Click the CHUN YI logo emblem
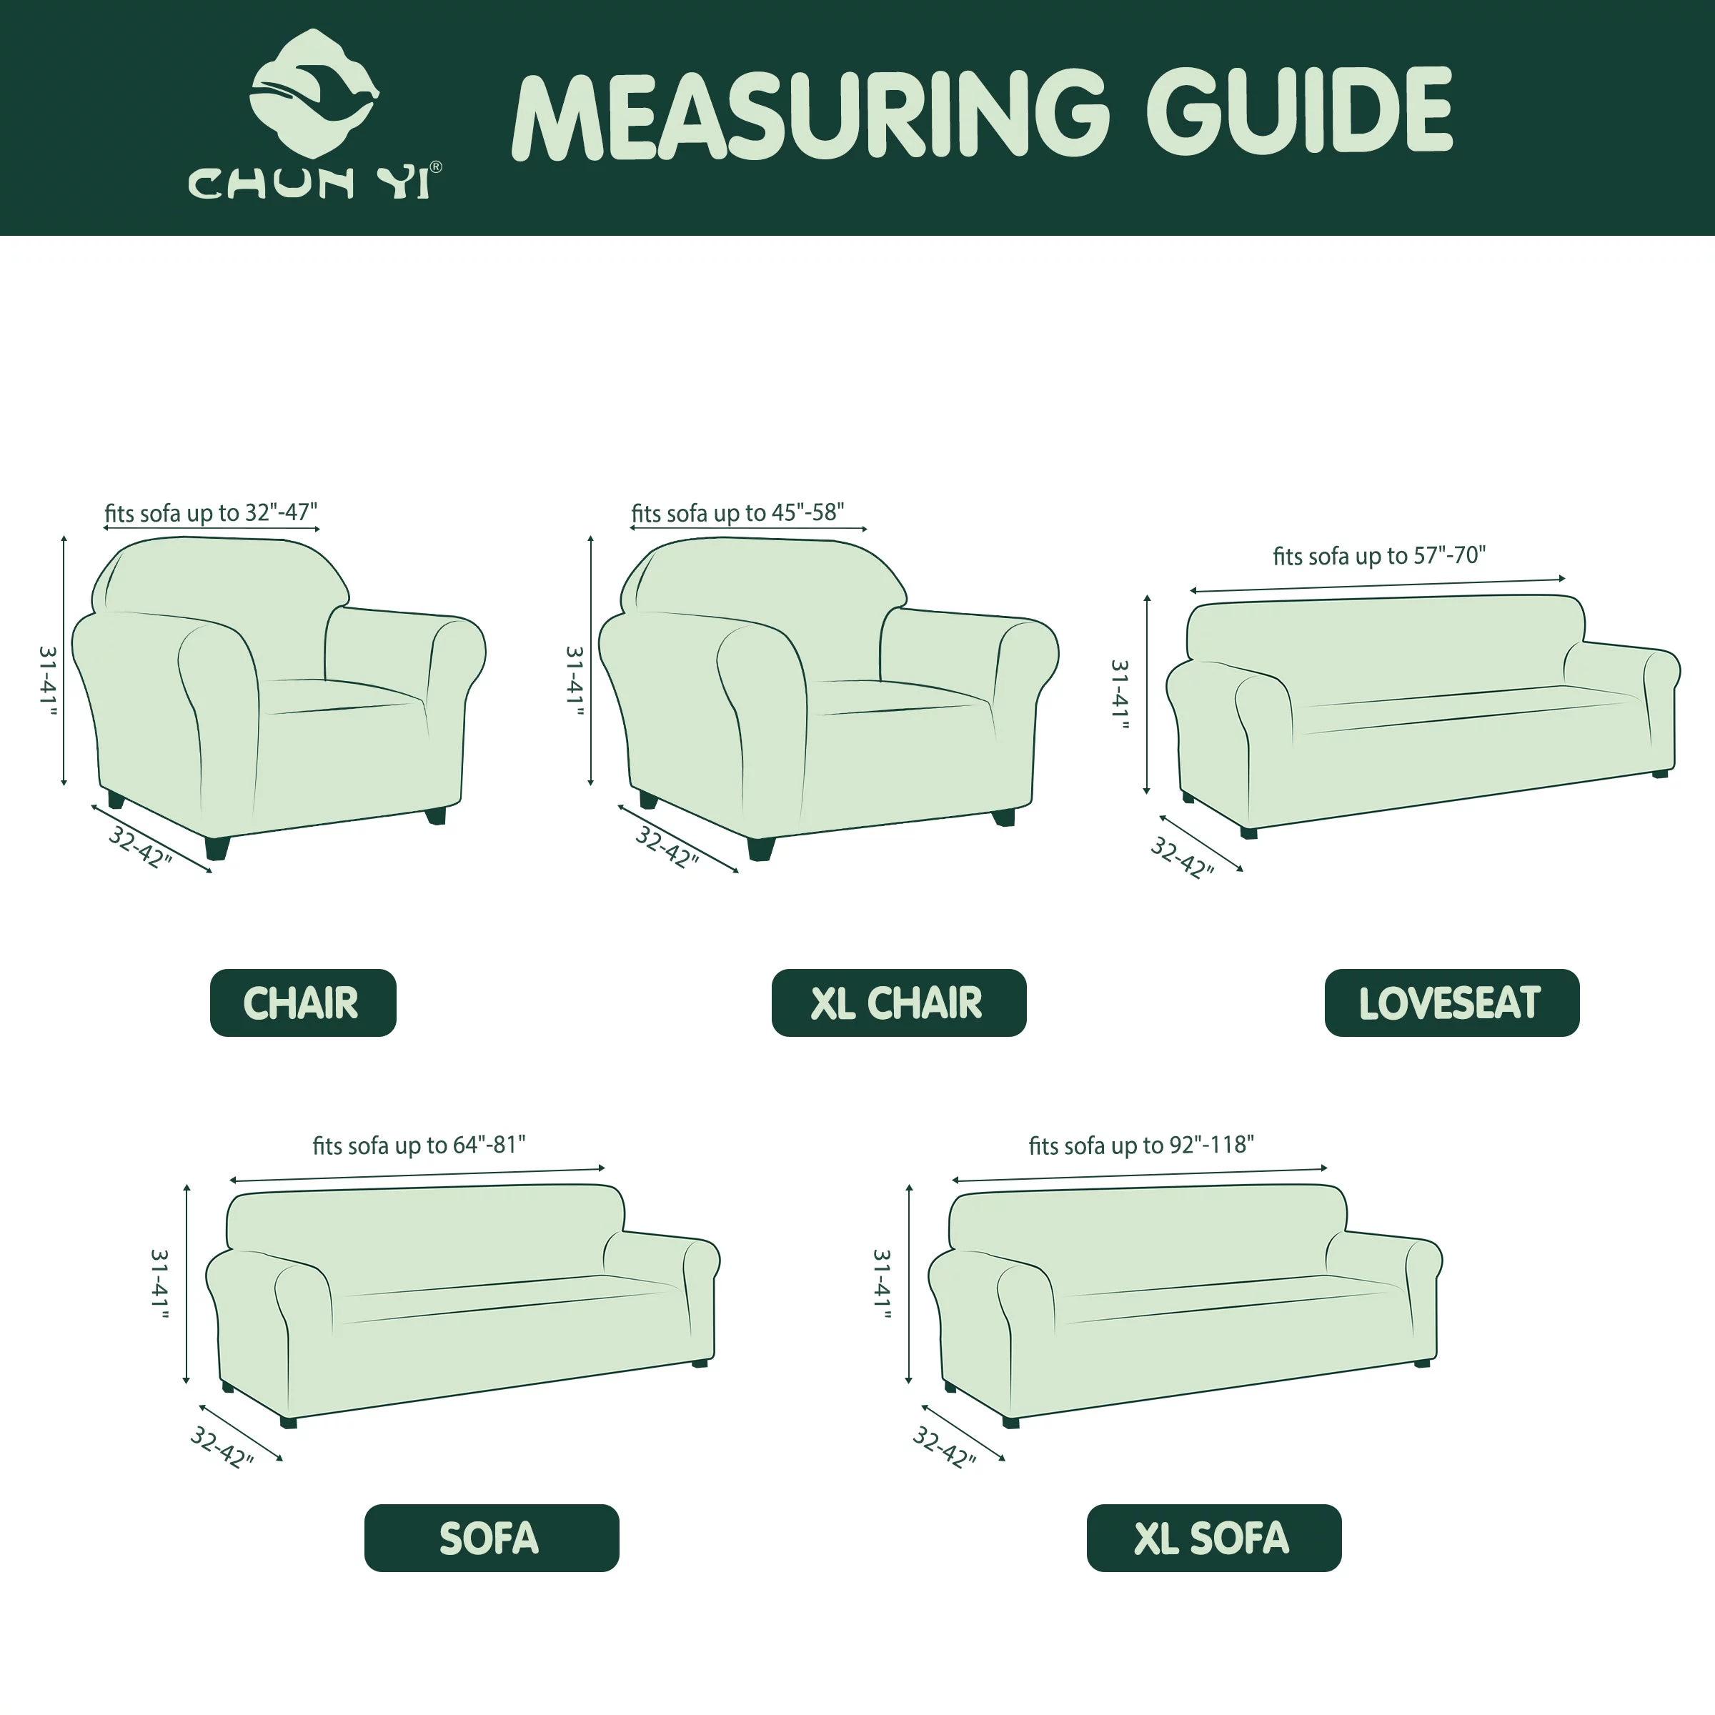314,92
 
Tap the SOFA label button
491,1538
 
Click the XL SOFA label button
1213,1538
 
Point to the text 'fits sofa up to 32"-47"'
210,512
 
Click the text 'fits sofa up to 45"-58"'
737,512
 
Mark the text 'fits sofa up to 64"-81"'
418,1144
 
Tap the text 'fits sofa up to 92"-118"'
1140,1144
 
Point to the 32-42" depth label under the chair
139,847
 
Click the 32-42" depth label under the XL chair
667,847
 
